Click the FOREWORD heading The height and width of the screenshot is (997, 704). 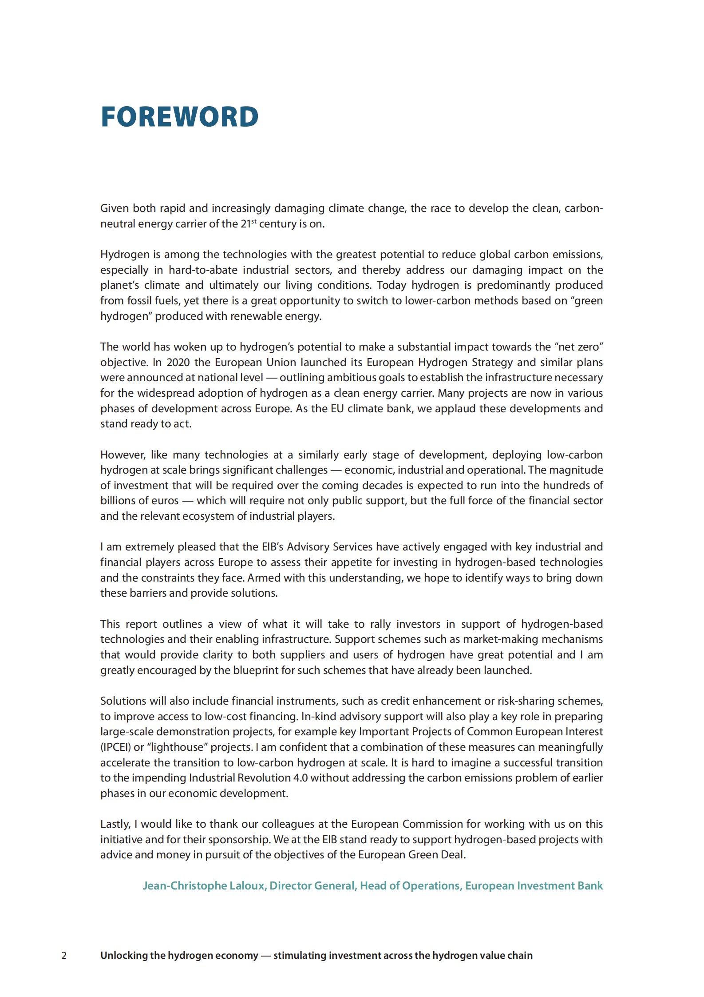coord(179,117)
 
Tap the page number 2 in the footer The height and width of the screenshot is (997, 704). coord(64,955)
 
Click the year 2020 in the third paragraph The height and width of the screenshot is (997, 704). coord(178,362)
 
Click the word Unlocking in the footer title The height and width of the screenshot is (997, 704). coord(123,955)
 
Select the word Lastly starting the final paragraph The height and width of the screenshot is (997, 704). coord(115,824)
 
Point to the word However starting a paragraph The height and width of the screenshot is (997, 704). coord(122,455)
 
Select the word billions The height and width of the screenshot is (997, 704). coord(116,500)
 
